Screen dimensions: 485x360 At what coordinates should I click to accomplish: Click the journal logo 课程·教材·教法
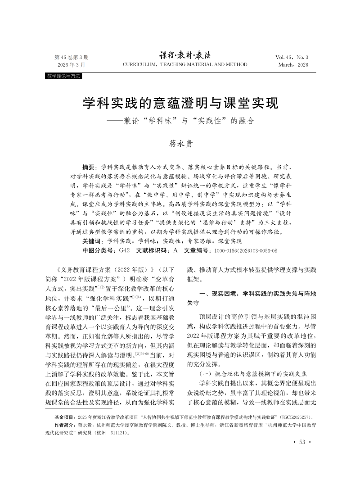(184, 55)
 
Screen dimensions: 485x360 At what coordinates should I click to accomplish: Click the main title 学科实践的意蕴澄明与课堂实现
(180, 104)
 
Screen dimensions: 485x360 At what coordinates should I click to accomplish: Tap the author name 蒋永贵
(180, 144)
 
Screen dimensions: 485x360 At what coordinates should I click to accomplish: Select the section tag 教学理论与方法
(63, 77)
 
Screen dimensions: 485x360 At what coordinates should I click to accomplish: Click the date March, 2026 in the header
(293, 65)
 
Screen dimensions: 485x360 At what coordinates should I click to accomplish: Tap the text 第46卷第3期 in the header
(71, 57)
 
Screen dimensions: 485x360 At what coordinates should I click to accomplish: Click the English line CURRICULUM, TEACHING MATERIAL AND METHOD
(185, 65)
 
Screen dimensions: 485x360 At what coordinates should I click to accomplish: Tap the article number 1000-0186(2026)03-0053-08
(245, 250)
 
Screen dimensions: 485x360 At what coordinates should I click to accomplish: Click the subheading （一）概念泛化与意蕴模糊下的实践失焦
(248, 373)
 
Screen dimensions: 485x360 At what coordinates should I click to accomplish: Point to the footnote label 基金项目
(65, 417)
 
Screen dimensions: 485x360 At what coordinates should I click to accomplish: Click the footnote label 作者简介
(65, 425)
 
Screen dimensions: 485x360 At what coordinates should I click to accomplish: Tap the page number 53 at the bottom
(301, 442)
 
